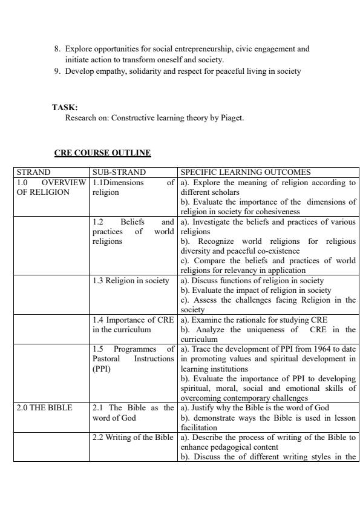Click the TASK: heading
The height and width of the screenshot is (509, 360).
point(61,108)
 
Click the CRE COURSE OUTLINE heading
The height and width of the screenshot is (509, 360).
point(102,153)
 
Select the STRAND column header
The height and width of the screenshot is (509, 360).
point(33,172)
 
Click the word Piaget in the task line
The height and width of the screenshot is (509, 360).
point(232,118)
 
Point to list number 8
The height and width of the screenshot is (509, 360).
point(57,47)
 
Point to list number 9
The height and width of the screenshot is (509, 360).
point(57,71)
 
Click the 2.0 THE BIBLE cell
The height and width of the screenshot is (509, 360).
point(44,408)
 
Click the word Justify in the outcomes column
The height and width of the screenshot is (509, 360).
point(201,408)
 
